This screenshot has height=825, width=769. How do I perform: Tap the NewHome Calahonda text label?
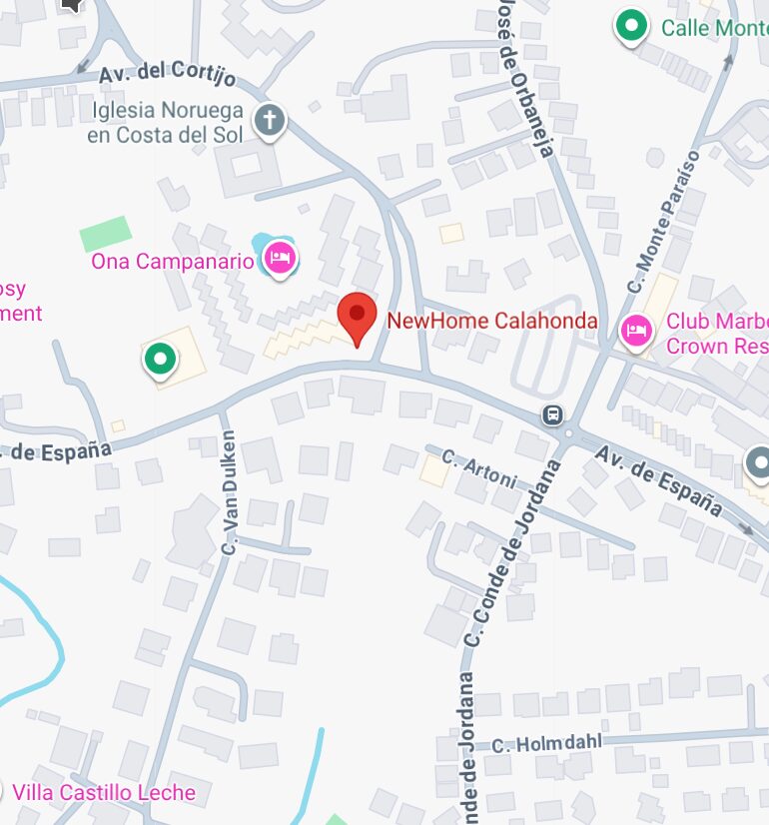click(491, 321)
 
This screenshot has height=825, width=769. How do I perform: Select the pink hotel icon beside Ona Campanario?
click(280, 259)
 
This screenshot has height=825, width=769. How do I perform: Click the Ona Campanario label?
click(172, 262)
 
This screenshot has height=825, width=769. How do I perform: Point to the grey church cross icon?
click(269, 121)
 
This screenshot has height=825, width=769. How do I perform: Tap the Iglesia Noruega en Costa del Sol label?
click(166, 122)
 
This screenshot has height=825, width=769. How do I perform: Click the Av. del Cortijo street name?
click(168, 75)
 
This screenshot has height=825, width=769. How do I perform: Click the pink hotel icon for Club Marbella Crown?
click(635, 330)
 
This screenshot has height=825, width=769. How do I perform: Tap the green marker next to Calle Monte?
click(630, 27)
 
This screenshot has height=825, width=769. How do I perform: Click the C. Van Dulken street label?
click(229, 492)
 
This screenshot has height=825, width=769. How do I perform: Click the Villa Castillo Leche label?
click(104, 793)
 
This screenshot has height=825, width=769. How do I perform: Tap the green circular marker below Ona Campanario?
click(159, 359)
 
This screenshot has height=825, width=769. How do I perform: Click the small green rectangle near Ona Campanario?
click(106, 235)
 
